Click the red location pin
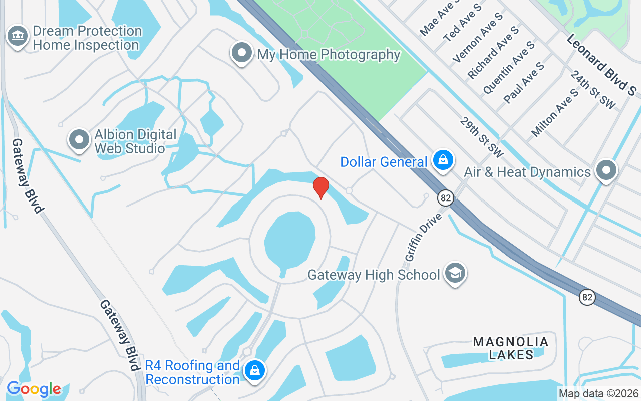click(320, 188)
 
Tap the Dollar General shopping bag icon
click(443, 160)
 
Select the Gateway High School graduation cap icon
click(455, 273)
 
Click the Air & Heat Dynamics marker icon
click(606, 170)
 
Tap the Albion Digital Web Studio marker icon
click(79, 140)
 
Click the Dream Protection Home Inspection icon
click(18, 36)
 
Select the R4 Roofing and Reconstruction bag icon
click(255, 371)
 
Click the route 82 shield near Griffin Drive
click(445, 198)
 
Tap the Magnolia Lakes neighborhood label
click(511, 348)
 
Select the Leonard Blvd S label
click(601, 64)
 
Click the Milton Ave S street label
click(555, 113)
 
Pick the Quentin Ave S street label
click(508, 68)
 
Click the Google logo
click(34, 389)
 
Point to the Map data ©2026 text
click(599, 394)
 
